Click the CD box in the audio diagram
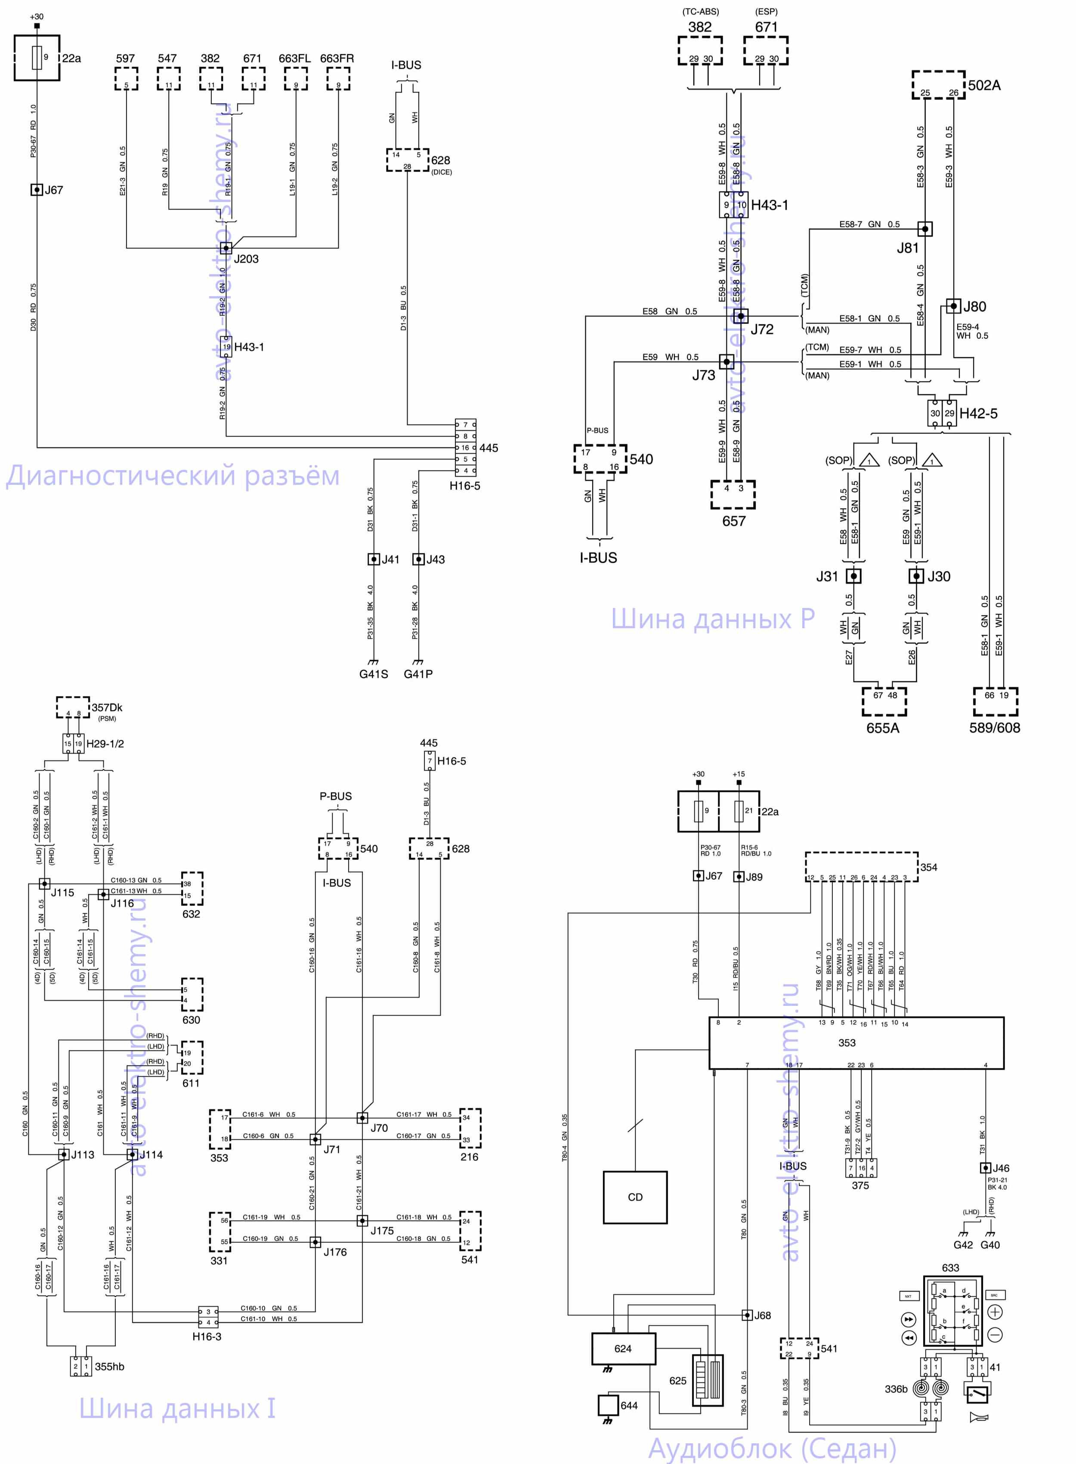coord(634,1197)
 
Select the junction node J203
coord(226,248)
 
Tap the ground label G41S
coord(373,674)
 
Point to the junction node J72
coord(741,316)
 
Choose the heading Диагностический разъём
coord(173,476)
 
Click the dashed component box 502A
coord(939,85)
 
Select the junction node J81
coord(925,229)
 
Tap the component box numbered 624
coord(623,1349)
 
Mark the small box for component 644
coord(608,1405)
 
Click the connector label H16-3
coord(207,1336)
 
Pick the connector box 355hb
coord(81,1366)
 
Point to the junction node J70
coord(362,1117)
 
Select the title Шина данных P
coord(713,618)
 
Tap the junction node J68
coord(747,1315)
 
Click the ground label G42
coord(963,1244)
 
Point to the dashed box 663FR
coord(338,79)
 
